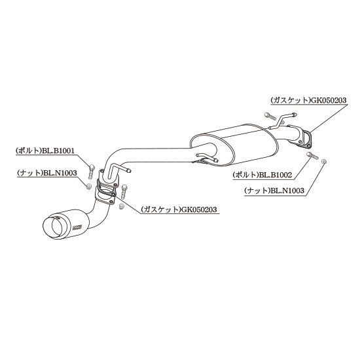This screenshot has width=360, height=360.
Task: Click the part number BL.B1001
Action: (x=58, y=151)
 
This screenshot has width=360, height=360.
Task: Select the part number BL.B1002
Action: (x=276, y=175)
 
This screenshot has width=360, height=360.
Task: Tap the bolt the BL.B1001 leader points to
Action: (x=91, y=171)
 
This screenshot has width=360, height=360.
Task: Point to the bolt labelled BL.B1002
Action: (x=312, y=155)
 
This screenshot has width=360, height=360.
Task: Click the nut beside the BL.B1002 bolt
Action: (x=324, y=161)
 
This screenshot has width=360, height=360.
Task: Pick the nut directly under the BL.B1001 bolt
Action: (x=88, y=186)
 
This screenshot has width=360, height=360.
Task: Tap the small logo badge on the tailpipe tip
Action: (x=77, y=227)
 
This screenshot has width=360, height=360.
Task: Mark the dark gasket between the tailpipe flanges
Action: (x=106, y=188)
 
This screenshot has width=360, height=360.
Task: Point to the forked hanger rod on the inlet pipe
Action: (x=282, y=120)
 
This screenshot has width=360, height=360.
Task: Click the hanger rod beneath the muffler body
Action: (x=205, y=159)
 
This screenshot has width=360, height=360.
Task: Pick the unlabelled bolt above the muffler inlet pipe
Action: (x=270, y=116)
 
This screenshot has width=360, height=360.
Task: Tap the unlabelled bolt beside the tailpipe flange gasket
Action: (x=124, y=192)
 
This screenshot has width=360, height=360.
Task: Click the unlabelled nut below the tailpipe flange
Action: (x=120, y=206)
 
